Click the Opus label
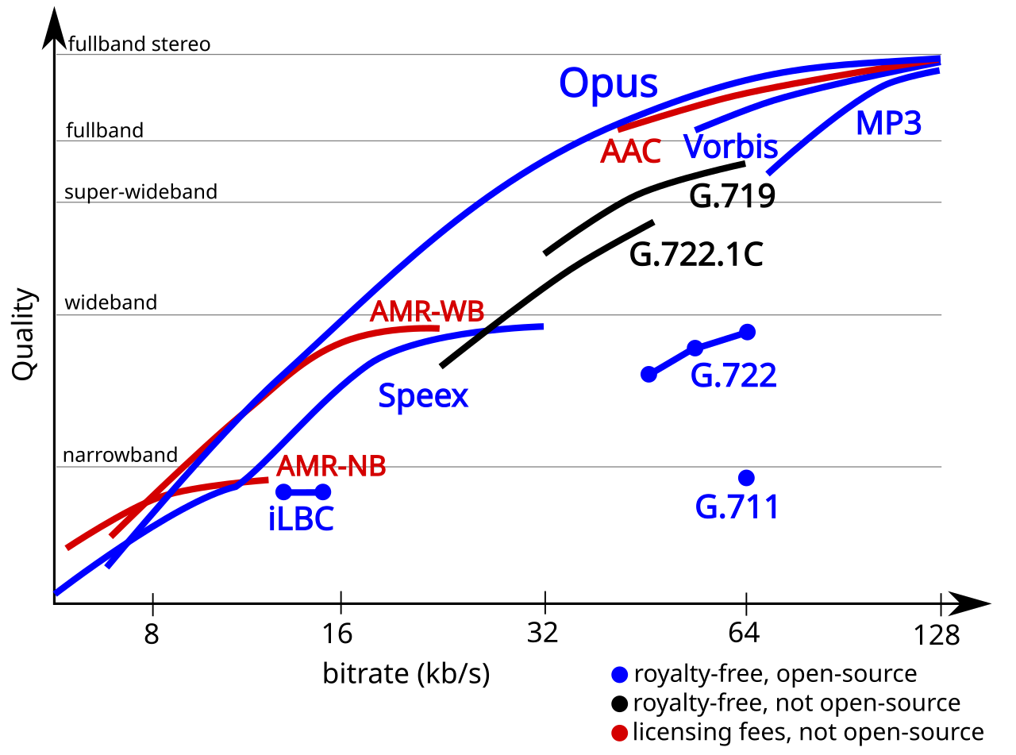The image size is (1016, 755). coord(608,83)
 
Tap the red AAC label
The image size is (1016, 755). coord(630,152)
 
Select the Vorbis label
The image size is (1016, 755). coord(730,148)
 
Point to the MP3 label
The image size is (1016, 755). coord(888,124)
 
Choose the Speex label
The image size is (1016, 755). coord(423,395)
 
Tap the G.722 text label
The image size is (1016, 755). coord(733,376)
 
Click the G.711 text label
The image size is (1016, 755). coord(737,507)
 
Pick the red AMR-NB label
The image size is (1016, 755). coord(331,467)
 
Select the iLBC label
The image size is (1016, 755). coord(302,519)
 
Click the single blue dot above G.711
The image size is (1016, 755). coord(746,478)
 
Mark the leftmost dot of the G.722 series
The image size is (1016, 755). coord(649,374)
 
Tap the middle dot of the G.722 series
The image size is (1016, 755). coord(695,348)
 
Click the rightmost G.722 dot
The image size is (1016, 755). coord(747,332)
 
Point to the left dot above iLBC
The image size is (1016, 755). coord(283,492)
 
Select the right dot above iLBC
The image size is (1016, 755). coord(323,492)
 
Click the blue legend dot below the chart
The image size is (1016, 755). coord(620,675)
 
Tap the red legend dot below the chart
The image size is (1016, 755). coord(620,732)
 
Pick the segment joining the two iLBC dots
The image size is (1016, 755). coord(303,492)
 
